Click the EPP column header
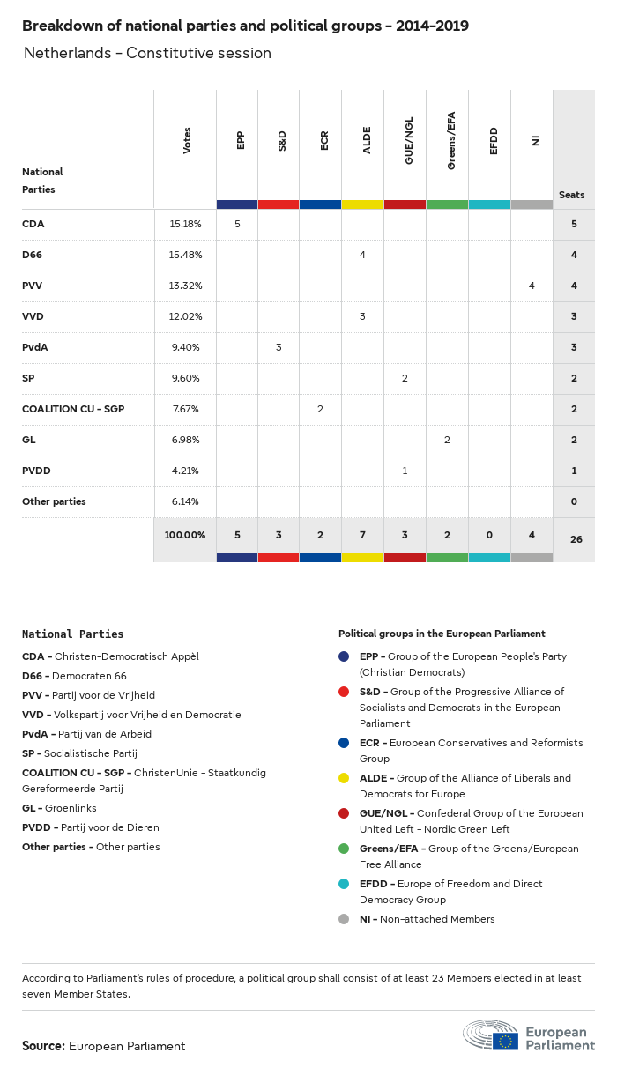tap(241, 140)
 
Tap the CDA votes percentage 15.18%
tap(185, 224)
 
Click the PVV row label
tap(33, 286)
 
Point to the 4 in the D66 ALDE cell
tap(362, 255)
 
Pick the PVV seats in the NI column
tap(532, 286)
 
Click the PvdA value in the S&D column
tap(279, 347)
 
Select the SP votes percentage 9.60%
tap(185, 378)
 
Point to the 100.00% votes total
tap(185, 535)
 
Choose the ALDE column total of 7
tap(362, 535)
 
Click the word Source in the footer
tap(43, 1046)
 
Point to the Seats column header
tap(572, 195)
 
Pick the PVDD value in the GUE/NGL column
tap(405, 471)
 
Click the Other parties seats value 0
tap(574, 501)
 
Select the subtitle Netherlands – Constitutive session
tap(147, 54)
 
